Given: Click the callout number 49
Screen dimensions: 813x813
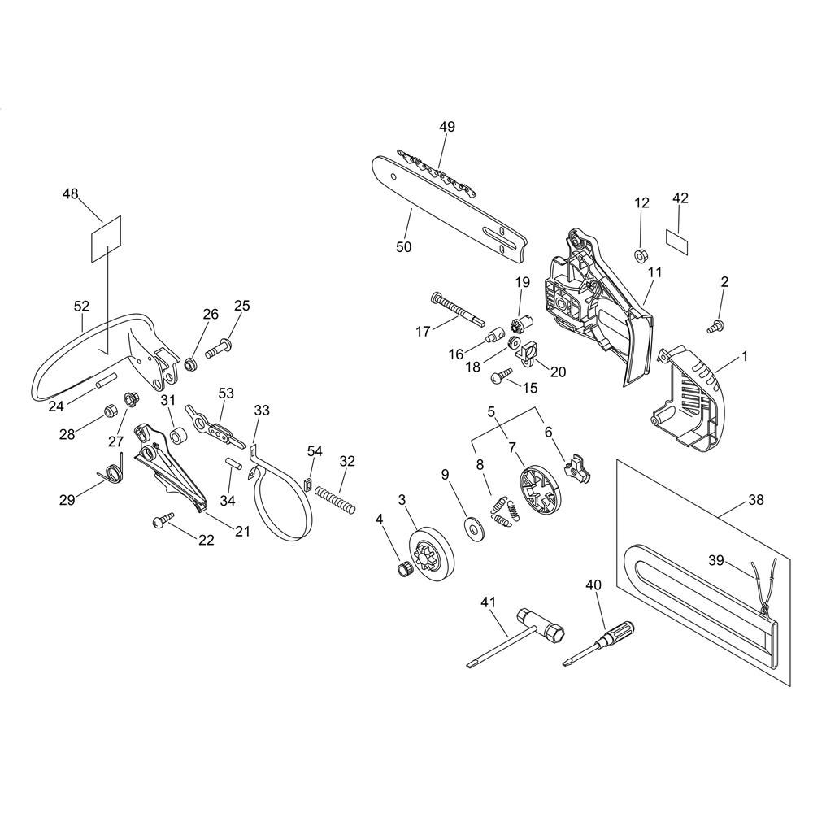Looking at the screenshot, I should tap(447, 127).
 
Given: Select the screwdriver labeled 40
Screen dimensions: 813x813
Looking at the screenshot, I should tap(602, 642).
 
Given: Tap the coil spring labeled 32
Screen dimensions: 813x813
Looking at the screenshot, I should tap(335, 498).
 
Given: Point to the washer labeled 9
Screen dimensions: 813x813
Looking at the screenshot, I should tap(471, 526).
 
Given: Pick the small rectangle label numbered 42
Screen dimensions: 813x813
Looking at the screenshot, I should tap(677, 237).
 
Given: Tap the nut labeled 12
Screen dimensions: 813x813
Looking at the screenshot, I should tap(641, 254).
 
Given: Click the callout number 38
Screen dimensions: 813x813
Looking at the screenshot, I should tap(756, 502).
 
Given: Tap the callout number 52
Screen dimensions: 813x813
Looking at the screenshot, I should tap(81, 307).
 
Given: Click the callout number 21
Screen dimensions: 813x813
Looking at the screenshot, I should tap(243, 532).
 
